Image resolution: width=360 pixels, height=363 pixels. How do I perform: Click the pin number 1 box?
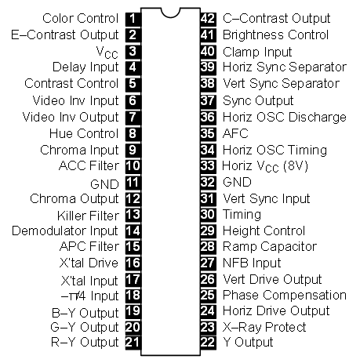(x=133, y=19)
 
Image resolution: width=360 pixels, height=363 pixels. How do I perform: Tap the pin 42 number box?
(x=208, y=19)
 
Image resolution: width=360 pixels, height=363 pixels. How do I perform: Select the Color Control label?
(x=81, y=19)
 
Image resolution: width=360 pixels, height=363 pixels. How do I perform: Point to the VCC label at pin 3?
(x=107, y=53)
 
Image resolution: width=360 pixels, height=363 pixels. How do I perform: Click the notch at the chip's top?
(x=170, y=13)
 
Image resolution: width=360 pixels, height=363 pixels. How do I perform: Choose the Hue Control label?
(x=84, y=133)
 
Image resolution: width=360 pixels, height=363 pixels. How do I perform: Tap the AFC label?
(x=235, y=133)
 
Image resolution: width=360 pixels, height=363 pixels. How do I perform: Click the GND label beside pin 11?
(x=104, y=184)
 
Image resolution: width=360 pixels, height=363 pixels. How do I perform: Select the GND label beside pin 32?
(x=237, y=182)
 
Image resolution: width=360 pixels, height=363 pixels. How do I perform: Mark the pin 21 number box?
(x=133, y=343)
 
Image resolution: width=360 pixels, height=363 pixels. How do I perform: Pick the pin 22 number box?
(x=208, y=343)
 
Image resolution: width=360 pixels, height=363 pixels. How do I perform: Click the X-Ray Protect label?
(x=264, y=327)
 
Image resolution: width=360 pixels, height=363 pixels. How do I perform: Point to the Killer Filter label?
(x=88, y=216)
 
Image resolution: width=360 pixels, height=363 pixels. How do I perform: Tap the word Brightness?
(x=253, y=35)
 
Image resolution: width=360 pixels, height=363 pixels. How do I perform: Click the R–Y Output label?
(x=85, y=343)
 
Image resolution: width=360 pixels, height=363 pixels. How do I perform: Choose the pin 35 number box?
(x=208, y=133)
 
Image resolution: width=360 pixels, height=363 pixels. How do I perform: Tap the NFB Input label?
(x=252, y=263)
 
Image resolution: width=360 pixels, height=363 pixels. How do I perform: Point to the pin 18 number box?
(x=133, y=296)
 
